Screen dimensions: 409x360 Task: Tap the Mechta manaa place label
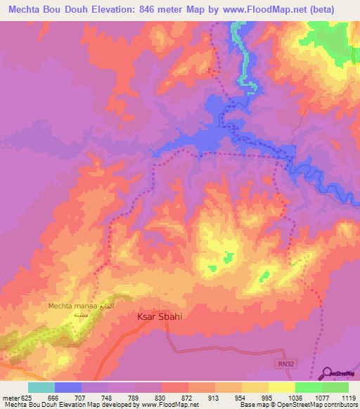pos(76,306)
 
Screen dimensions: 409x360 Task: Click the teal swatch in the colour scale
pos(41,387)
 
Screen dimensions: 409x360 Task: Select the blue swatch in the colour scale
pos(68,387)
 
